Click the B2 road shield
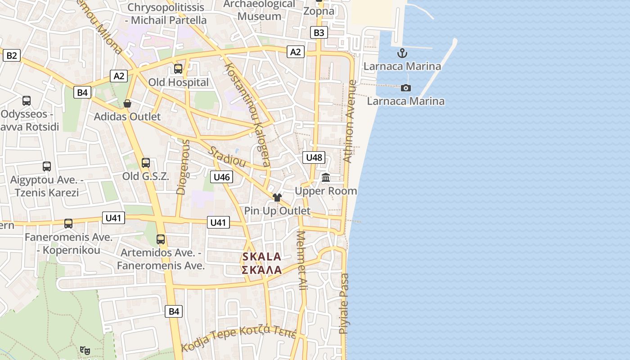click(x=12, y=55)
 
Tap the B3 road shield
click(x=319, y=32)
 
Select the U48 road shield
click(x=314, y=157)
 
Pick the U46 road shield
click(x=221, y=177)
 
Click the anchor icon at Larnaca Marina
click(x=402, y=54)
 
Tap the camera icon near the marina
click(x=406, y=88)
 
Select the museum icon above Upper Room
click(x=326, y=178)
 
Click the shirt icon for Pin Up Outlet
click(x=277, y=198)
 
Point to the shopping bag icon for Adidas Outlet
click(x=127, y=103)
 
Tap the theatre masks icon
click(x=85, y=350)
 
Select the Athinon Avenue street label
click(x=350, y=121)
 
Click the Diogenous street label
click(x=183, y=167)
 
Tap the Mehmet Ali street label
click(x=301, y=260)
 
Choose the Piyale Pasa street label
click(x=344, y=303)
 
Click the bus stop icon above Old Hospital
click(x=178, y=69)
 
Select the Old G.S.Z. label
click(x=146, y=176)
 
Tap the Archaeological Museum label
click(x=260, y=10)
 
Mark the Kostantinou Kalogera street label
click(x=247, y=115)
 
